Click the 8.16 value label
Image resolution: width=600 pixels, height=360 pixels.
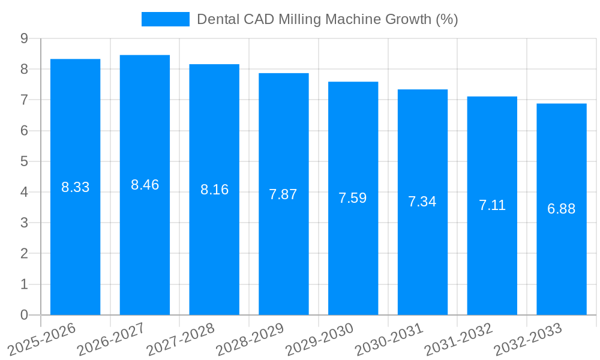(x=214, y=190)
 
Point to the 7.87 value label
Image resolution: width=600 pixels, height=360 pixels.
(x=283, y=194)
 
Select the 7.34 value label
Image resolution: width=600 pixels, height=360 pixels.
(x=422, y=202)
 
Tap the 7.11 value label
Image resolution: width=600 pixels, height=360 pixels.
(x=492, y=205)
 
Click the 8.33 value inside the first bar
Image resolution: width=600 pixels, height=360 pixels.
(x=75, y=187)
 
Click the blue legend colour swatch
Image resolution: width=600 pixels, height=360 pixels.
(x=165, y=19)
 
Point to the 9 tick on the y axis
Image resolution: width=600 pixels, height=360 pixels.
(x=24, y=38)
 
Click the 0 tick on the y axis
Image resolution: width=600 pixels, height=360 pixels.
(x=24, y=315)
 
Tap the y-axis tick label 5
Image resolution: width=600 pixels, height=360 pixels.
(x=24, y=161)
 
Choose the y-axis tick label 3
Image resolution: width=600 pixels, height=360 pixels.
(x=24, y=223)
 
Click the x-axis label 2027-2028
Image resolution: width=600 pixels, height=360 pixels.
(x=181, y=339)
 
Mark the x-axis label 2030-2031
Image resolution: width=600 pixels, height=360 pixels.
(x=389, y=339)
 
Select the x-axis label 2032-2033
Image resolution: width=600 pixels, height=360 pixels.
(x=527, y=339)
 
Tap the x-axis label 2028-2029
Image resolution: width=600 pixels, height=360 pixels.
(x=250, y=339)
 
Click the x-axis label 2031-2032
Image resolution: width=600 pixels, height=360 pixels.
(x=458, y=339)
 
